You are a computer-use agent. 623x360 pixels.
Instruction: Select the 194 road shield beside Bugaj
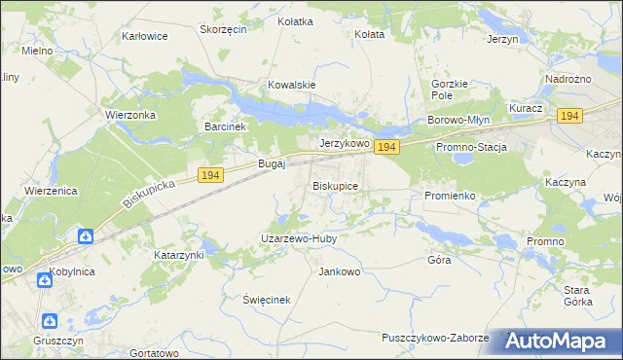point(211,174)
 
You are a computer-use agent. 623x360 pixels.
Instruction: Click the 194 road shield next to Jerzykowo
point(386,147)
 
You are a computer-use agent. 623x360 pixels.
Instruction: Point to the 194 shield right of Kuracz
point(569,116)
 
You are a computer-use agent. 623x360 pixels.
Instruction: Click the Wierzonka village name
point(131,114)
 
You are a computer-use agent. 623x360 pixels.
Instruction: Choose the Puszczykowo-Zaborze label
point(435,338)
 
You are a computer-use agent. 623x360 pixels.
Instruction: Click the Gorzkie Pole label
point(449,90)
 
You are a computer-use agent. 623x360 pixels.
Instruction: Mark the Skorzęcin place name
point(223,29)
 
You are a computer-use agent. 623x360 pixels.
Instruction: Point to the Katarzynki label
point(179,255)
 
